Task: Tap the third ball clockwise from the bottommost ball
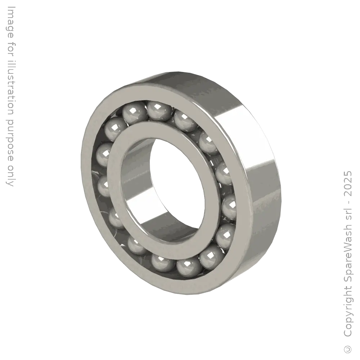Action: point(117,218)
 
